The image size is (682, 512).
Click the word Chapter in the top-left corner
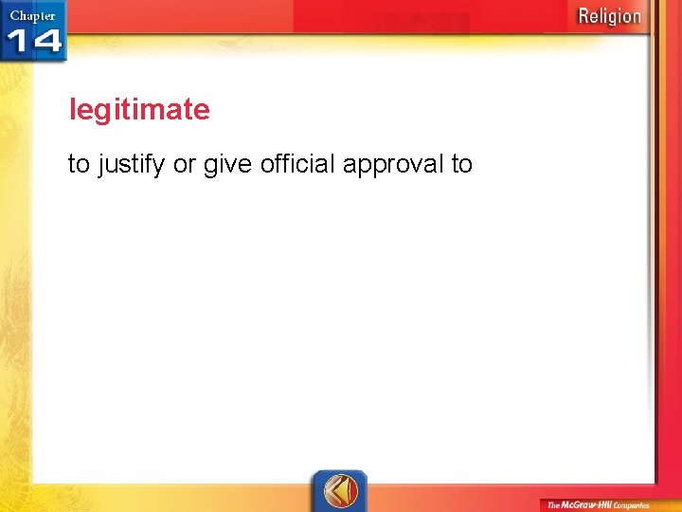coord(32,15)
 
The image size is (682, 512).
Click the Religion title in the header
coord(609,16)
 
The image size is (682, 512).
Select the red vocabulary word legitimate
coord(139,110)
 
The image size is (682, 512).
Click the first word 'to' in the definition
coord(79,164)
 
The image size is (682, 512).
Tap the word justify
coord(132,165)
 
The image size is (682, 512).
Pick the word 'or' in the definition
coord(185,165)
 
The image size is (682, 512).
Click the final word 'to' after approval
coord(461,164)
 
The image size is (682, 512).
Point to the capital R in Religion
coord(584,16)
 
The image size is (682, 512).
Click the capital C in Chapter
coord(14,15)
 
